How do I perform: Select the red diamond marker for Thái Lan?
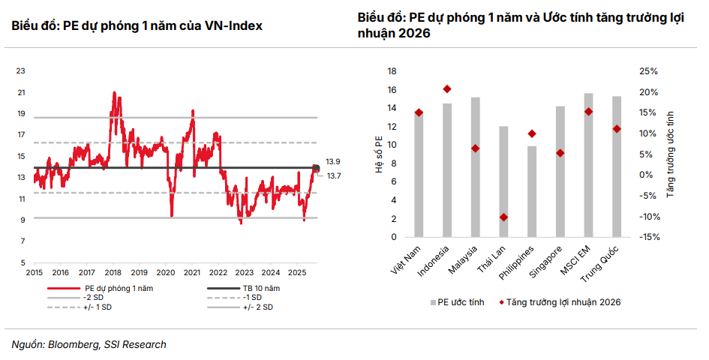[503, 217]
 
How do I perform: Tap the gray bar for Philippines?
[532, 191]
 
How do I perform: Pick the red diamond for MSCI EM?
[588, 112]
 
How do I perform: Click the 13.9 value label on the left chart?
[334, 161]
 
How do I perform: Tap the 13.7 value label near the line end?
[334, 175]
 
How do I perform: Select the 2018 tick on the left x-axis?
[113, 272]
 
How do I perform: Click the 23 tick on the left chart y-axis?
[21, 71]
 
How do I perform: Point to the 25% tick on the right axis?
[648, 71]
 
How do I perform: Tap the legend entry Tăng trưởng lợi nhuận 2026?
[563, 301]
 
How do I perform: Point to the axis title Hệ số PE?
[379, 154]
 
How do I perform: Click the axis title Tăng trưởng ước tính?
[671, 154]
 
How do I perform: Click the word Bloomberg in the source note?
[72, 344]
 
